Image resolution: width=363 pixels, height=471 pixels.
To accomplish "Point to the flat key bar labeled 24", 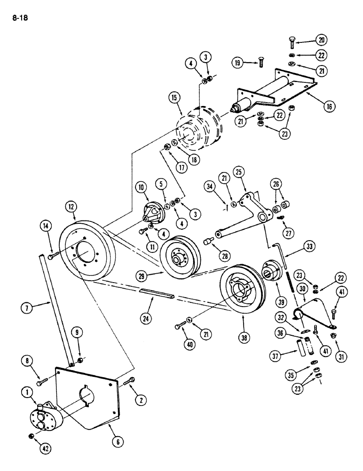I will [x=158, y=294].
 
